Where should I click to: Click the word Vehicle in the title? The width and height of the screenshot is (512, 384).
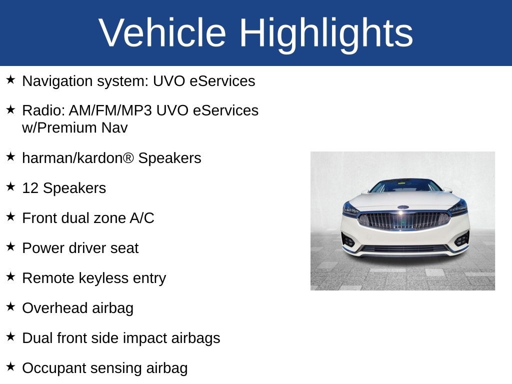162,33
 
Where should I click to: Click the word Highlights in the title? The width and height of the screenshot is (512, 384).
326,33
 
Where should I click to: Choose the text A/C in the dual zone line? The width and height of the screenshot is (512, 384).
142,218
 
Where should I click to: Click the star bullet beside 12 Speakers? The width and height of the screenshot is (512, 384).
10,187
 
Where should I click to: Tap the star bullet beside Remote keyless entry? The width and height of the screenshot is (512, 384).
10,277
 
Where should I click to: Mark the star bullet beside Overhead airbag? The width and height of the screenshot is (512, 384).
10,307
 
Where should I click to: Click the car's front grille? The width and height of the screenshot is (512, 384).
404,220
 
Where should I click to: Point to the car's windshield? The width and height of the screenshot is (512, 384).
405,186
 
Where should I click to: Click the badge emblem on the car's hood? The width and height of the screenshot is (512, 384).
403,206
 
